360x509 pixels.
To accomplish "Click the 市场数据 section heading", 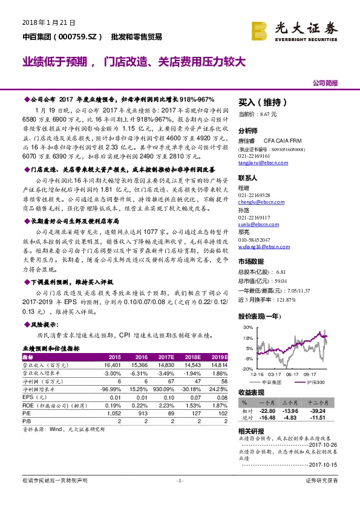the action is click(x=250, y=262).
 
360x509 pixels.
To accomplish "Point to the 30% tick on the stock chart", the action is click(x=247, y=327).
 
